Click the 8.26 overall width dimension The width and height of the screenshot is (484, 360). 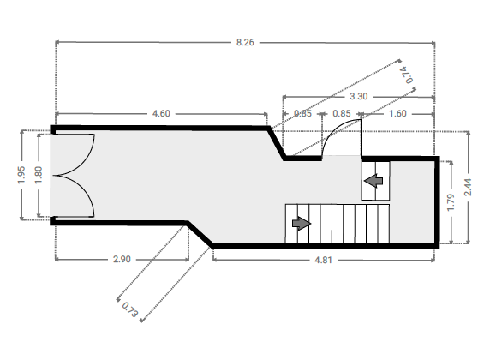click(245, 42)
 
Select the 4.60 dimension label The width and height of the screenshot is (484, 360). click(161, 114)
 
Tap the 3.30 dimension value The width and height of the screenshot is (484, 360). click(358, 97)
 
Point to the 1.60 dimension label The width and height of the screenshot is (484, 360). click(397, 114)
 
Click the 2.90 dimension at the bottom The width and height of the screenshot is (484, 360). click(122, 259)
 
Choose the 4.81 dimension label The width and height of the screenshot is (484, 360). click(323, 260)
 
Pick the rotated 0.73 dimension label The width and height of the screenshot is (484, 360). click(129, 309)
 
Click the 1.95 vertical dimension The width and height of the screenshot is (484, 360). click(21, 175)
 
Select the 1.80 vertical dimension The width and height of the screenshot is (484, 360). click(39, 175)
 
